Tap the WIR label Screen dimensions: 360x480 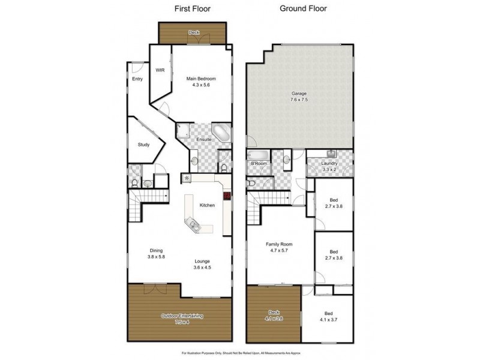(x=160, y=70)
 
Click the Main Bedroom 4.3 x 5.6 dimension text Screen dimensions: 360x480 (x=200, y=85)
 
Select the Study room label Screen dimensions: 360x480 (x=143, y=145)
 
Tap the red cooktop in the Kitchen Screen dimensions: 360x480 (x=227, y=196)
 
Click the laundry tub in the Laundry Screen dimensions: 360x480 (x=331, y=154)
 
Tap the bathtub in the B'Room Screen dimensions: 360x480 (x=259, y=155)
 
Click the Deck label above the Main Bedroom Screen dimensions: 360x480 (x=193, y=32)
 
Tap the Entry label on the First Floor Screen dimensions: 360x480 (x=137, y=79)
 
